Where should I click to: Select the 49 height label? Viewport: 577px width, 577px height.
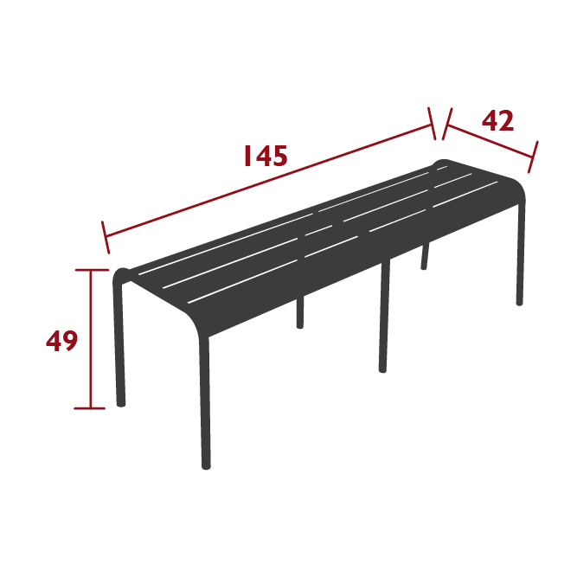pos(62,341)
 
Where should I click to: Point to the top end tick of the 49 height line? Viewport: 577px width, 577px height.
pos(91,271)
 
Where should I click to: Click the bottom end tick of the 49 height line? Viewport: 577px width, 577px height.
pos(91,407)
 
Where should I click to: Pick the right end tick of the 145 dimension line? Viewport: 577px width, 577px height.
pos(433,122)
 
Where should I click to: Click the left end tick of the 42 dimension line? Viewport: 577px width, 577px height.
pos(446,124)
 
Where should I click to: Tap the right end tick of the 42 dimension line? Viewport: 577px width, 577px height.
pos(534,157)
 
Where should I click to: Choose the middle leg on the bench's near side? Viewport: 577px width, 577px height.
pos(383,320)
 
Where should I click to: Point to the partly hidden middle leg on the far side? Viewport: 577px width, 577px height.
pos(300,313)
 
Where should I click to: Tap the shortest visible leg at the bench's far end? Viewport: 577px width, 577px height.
pos(425,257)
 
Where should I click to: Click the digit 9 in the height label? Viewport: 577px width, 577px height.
pos(70,341)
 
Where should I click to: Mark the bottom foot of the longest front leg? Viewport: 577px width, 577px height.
pos(206,465)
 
